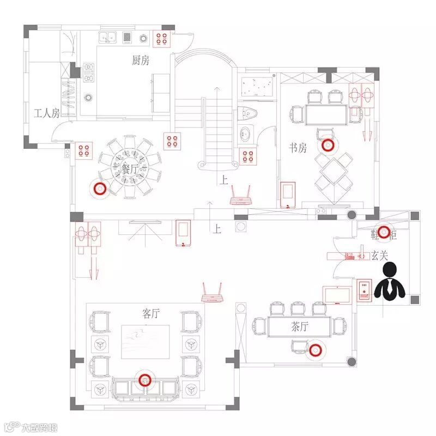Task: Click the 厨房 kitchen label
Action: (x=140, y=60)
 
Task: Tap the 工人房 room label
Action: (x=46, y=114)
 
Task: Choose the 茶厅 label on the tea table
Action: (x=299, y=327)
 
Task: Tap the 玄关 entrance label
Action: (x=381, y=255)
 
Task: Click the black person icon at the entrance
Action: (x=391, y=281)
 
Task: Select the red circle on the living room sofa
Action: (x=144, y=380)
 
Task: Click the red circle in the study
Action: (x=328, y=145)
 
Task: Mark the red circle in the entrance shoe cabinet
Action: (x=385, y=232)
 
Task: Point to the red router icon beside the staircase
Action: (x=240, y=196)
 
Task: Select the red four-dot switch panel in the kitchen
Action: (x=162, y=38)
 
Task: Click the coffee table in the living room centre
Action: (x=146, y=341)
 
